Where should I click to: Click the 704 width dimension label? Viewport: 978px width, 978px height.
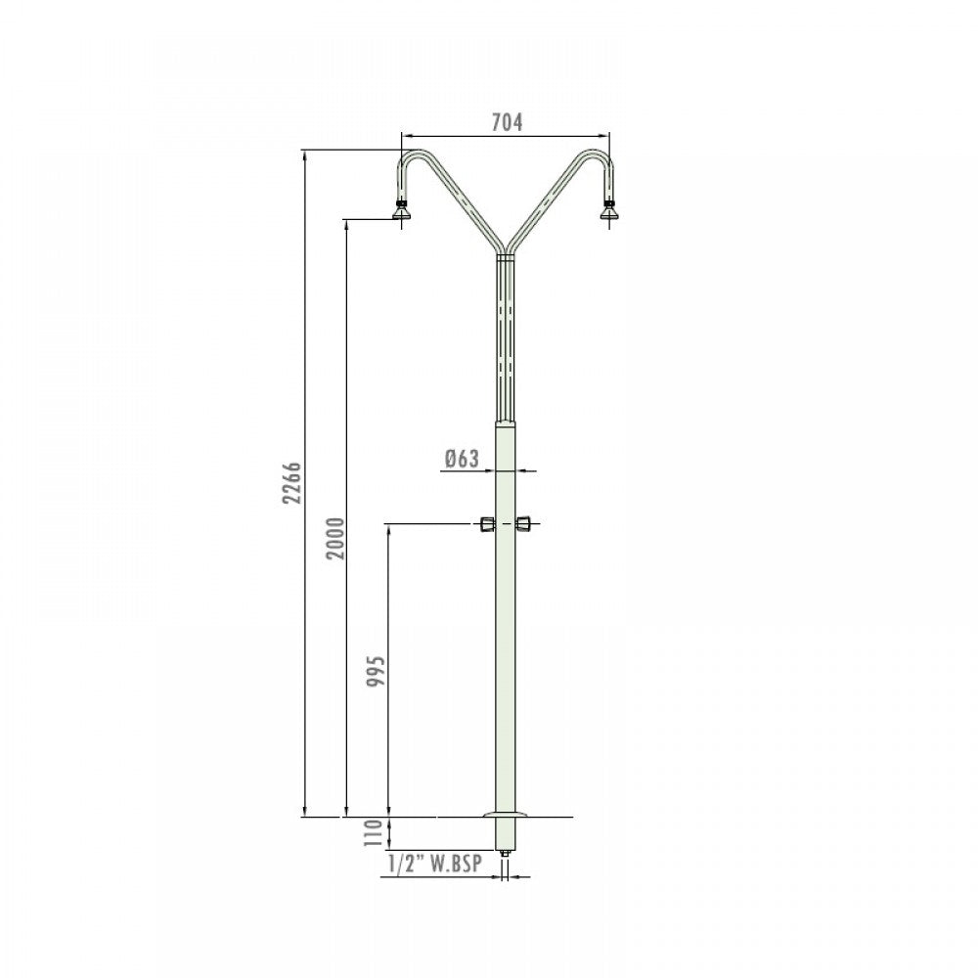pyautogui.click(x=507, y=123)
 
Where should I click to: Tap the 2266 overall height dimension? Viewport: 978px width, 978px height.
pyautogui.click(x=291, y=483)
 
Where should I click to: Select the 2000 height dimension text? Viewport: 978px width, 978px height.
pyautogui.click(x=334, y=538)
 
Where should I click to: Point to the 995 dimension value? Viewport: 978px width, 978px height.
pyautogui.click(x=377, y=672)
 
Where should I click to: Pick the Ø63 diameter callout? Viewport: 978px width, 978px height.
pyautogui.click(x=463, y=459)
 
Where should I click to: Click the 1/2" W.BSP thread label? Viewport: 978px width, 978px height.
pyautogui.click(x=435, y=864)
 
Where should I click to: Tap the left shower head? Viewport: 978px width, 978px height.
pyautogui.click(x=401, y=211)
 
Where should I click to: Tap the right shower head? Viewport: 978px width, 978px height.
pyautogui.click(x=608, y=211)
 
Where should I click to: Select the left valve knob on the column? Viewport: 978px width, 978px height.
pyautogui.click(x=487, y=524)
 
